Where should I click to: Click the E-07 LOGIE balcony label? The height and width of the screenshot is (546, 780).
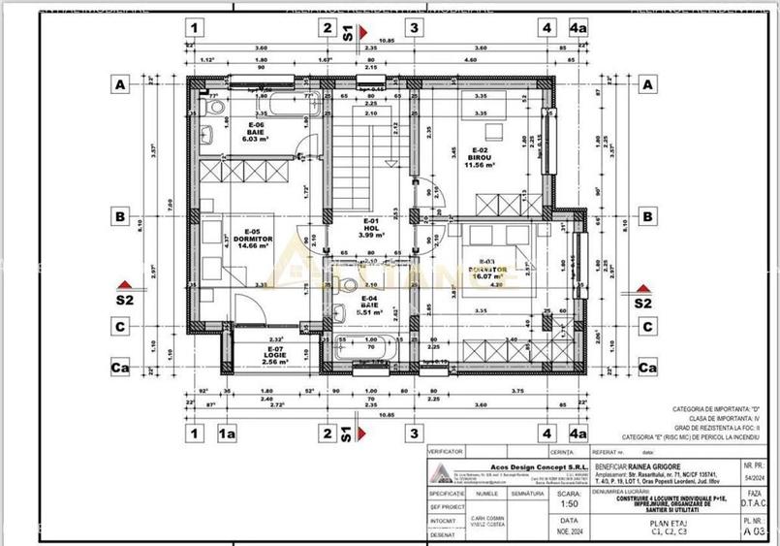coord(275,353)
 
